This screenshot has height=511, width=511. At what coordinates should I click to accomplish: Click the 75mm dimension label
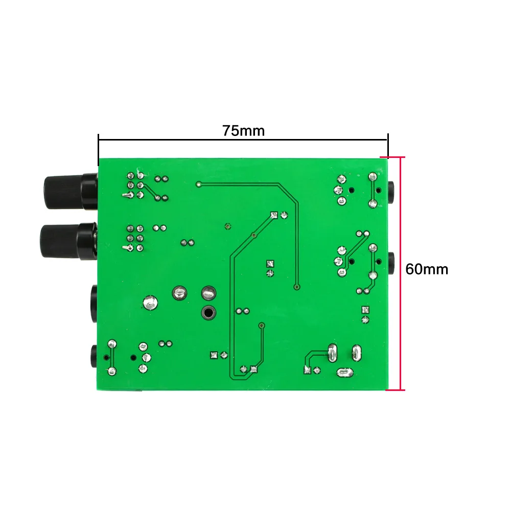click(243, 131)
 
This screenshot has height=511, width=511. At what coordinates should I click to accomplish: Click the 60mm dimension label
click(427, 269)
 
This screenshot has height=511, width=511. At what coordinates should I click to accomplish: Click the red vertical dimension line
click(401, 273)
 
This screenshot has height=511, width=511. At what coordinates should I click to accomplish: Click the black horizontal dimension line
click(243, 140)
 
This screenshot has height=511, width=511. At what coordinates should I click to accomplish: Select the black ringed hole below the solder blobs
click(208, 313)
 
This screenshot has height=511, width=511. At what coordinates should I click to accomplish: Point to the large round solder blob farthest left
click(150, 303)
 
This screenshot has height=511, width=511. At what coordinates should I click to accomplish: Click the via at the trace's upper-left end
click(198, 184)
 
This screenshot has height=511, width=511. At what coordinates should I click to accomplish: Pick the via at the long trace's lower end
click(296, 287)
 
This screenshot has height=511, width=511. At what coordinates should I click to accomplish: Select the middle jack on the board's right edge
click(391, 263)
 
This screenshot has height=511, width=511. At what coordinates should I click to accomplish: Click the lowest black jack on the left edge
click(94, 356)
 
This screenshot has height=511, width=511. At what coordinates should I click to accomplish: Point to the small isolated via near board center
click(228, 226)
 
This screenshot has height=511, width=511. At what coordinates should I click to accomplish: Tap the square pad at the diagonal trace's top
click(274, 215)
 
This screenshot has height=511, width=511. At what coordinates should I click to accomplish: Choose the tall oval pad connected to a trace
click(332, 353)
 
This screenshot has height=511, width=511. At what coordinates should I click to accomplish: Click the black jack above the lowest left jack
click(94, 304)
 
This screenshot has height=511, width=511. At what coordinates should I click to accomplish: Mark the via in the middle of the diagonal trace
click(254, 235)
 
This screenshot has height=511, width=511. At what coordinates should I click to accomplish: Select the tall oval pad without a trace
click(357, 353)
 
